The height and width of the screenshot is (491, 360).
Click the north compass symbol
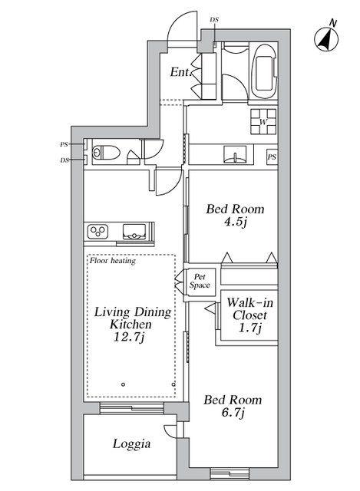click(326, 39)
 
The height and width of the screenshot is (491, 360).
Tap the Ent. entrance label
click(181, 72)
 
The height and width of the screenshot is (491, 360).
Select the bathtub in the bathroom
click(265, 72)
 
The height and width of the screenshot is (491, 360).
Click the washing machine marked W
click(263, 121)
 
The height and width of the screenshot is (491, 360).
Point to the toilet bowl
click(106, 153)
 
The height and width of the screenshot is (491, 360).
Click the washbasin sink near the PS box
click(235, 154)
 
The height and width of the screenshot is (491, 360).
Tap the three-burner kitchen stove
click(97, 232)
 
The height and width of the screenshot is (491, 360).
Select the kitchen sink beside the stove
click(134, 232)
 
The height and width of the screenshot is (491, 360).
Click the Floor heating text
click(113, 261)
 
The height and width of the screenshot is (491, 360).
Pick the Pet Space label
click(200, 281)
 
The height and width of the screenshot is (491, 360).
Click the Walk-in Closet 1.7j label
click(249, 315)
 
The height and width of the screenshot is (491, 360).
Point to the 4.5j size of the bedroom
click(235, 222)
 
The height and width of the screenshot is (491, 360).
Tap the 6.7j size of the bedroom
click(233, 413)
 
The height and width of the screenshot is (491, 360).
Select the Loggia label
click(131, 444)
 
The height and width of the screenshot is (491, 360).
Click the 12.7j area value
click(129, 338)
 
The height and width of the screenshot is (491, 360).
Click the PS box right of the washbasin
click(272, 157)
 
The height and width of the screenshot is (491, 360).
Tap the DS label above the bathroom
click(214, 19)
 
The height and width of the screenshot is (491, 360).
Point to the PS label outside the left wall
click(64, 144)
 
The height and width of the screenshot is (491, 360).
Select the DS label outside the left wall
click(64, 160)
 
